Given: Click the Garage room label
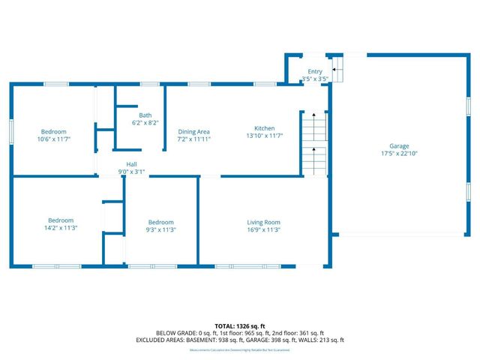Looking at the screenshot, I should pyautogui.click(x=399, y=145).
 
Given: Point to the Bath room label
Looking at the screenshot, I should pyautogui.click(x=145, y=115).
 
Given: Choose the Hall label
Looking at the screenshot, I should pyautogui.click(x=131, y=164).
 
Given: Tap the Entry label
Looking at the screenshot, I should pyautogui.click(x=315, y=71).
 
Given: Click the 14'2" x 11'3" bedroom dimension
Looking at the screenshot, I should pyautogui.click(x=61, y=228).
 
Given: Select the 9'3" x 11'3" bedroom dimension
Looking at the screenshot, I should pyautogui.click(x=160, y=230).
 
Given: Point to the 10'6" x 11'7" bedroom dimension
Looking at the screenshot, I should pyautogui.click(x=53, y=139).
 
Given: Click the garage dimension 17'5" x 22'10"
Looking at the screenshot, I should pyautogui.click(x=399, y=154).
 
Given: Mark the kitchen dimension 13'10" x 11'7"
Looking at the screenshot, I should pyautogui.click(x=264, y=136).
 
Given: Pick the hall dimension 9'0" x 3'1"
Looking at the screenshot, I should pyautogui.click(x=131, y=172).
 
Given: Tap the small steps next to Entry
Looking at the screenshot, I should pyautogui.click(x=337, y=71).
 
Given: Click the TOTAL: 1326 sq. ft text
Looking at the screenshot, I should pyautogui.click(x=239, y=325).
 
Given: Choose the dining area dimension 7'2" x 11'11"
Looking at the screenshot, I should pyautogui.click(x=193, y=139).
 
